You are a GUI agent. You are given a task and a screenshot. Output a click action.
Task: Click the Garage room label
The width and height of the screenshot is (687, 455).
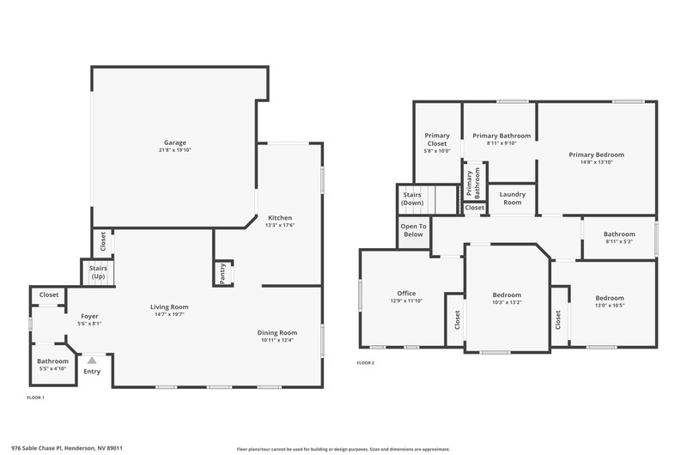click(175, 143)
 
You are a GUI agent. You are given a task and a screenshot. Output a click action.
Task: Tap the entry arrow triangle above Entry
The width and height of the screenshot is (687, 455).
click(92, 361)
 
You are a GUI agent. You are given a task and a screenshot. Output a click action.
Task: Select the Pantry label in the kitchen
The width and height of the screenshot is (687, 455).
click(222, 274)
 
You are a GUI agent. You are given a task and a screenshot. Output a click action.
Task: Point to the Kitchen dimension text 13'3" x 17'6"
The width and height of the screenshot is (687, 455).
click(280, 225)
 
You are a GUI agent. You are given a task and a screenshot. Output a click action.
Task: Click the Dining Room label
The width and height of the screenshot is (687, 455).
click(277, 333)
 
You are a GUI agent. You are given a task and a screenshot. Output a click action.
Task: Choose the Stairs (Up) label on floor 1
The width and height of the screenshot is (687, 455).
click(98, 272)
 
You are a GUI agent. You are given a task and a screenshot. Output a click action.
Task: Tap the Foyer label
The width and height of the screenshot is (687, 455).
click(89, 316)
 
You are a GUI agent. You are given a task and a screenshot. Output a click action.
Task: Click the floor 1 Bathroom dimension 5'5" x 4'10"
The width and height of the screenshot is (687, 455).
click(52, 369)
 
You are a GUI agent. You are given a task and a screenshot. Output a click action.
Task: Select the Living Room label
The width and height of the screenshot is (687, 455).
click(169, 307)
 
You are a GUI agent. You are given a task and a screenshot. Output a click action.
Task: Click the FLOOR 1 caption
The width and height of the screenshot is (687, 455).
click(35, 397)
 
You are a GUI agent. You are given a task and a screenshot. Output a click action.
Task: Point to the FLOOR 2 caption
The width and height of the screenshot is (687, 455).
click(366, 362)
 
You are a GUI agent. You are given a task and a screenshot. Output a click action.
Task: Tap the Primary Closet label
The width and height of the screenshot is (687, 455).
click(437, 139)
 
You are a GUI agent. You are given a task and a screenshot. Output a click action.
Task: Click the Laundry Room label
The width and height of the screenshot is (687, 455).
click(512, 198)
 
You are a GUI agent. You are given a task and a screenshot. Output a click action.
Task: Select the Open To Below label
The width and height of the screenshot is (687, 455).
click(413, 230)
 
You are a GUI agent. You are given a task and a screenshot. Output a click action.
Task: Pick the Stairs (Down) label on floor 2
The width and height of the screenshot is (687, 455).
click(412, 198)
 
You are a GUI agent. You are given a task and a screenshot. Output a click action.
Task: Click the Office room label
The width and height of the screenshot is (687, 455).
click(406, 294)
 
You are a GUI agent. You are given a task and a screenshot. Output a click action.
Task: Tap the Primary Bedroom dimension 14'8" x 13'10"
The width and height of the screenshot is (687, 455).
click(596, 162)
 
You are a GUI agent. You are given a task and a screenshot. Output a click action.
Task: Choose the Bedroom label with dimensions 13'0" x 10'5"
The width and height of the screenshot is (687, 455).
click(610, 298)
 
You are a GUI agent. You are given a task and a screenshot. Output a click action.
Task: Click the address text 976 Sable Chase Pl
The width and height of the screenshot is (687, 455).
click(37, 448)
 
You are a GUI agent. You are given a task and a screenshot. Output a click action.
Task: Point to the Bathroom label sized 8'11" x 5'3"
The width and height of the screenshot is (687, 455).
click(619, 234)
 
